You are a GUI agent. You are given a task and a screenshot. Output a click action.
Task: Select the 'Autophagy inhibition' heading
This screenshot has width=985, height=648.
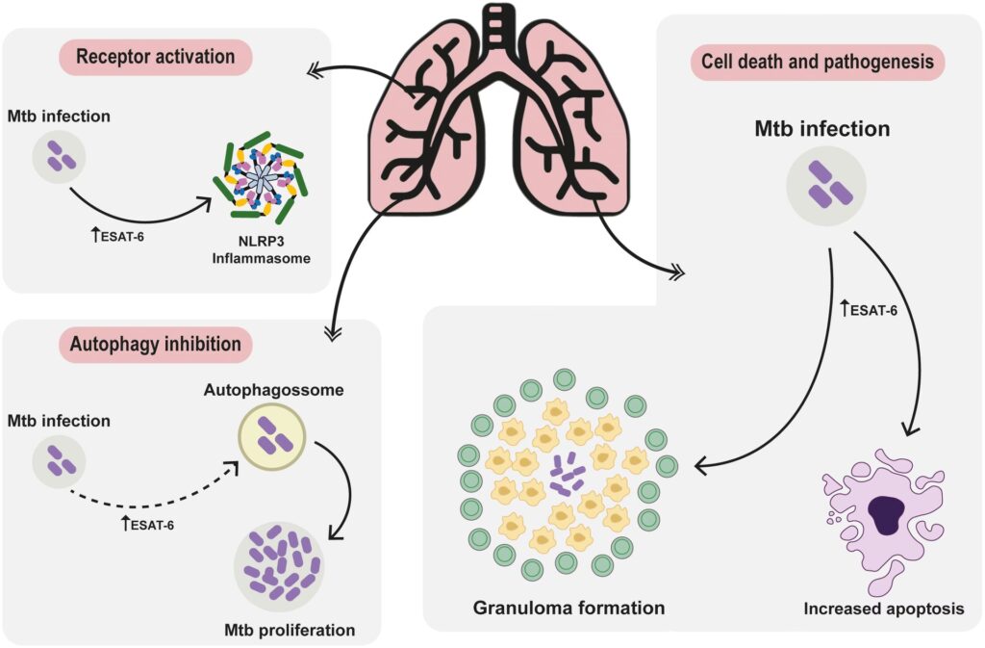point(155,343)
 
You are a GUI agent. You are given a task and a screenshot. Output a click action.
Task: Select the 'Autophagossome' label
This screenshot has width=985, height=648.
point(272,393)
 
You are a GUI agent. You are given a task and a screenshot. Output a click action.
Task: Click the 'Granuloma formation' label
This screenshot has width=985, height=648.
point(568,608)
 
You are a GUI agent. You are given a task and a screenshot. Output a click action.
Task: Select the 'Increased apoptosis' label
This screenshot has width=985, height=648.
point(882,609)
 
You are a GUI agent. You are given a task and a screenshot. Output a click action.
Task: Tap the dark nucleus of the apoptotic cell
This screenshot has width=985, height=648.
point(883,516)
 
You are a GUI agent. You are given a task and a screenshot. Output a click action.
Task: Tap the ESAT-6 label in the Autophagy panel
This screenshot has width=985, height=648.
point(153,525)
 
